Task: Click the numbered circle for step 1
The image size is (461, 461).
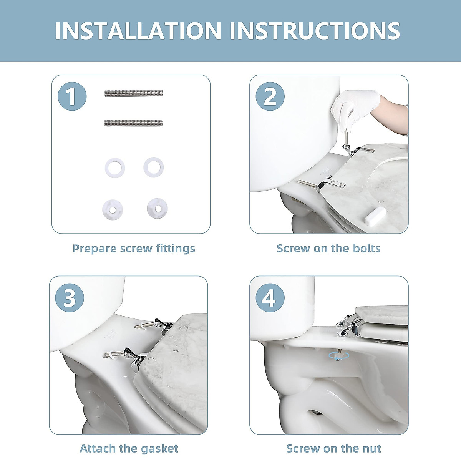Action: click(x=72, y=96)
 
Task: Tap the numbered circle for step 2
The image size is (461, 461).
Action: click(x=270, y=96)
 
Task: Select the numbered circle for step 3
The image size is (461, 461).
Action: click(x=70, y=298)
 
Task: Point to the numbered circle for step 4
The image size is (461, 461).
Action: click(x=270, y=298)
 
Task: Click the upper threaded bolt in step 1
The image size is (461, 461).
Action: click(x=134, y=93)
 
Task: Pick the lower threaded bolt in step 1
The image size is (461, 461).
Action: click(x=133, y=123)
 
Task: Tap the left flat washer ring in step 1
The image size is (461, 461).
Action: click(x=115, y=168)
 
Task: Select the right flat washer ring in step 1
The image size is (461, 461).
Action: click(x=154, y=167)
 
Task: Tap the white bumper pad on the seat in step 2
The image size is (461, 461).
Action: click(x=375, y=217)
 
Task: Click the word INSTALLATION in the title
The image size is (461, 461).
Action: click(x=138, y=31)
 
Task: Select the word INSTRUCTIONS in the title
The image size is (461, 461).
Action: click(x=315, y=31)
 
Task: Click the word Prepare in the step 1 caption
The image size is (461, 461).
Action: click(x=95, y=249)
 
